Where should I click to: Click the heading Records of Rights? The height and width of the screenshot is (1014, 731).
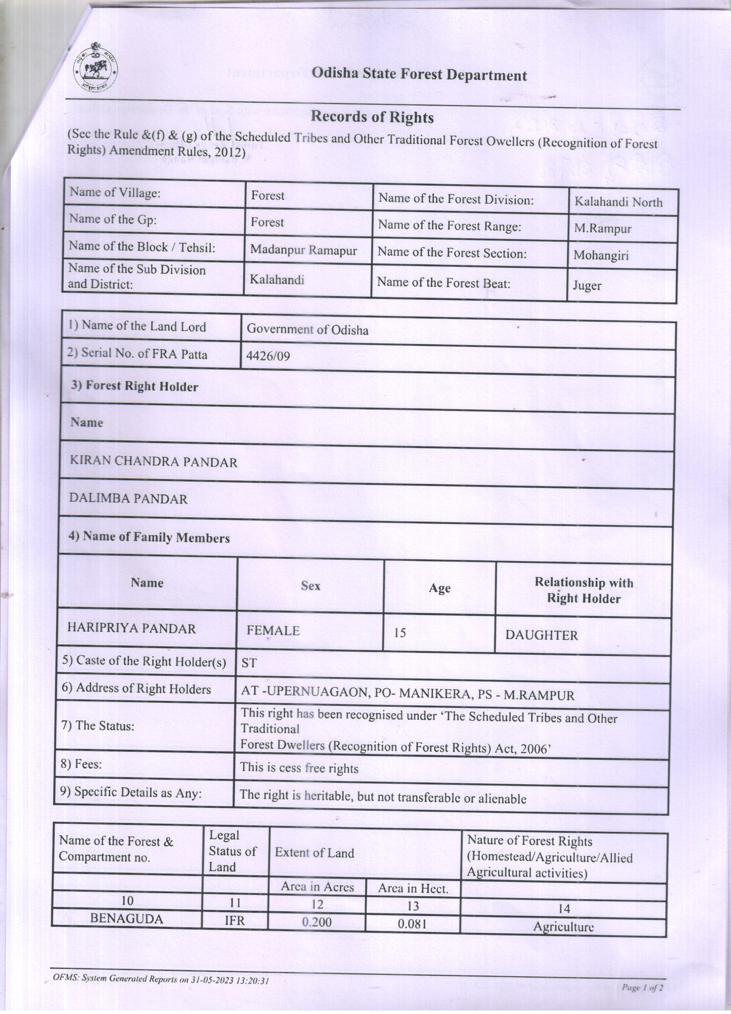click(372, 117)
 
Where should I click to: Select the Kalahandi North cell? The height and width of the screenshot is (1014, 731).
click(618, 202)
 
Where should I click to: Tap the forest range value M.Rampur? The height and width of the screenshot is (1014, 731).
click(603, 229)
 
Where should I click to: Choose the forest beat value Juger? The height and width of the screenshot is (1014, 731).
click(587, 285)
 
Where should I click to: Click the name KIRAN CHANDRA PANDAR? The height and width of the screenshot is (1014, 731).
click(153, 462)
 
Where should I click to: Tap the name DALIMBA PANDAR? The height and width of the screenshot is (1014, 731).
click(128, 499)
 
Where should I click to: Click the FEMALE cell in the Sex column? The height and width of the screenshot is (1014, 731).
click(273, 630)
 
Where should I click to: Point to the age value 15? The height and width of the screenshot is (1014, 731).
click(400, 633)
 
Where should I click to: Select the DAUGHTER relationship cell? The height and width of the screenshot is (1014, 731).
click(541, 635)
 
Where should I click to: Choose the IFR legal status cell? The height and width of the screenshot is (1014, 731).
click(235, 920)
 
